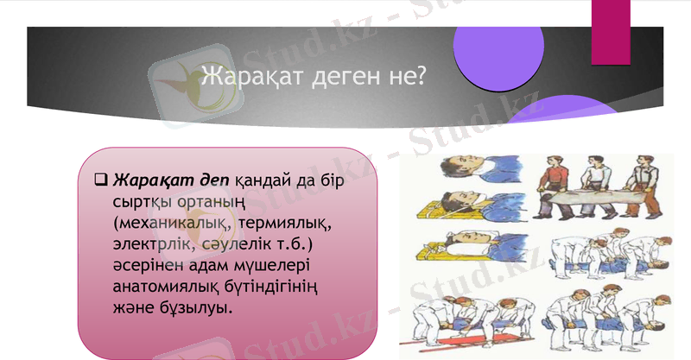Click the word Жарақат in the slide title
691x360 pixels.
(251, 77)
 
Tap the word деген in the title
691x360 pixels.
(341, 77)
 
